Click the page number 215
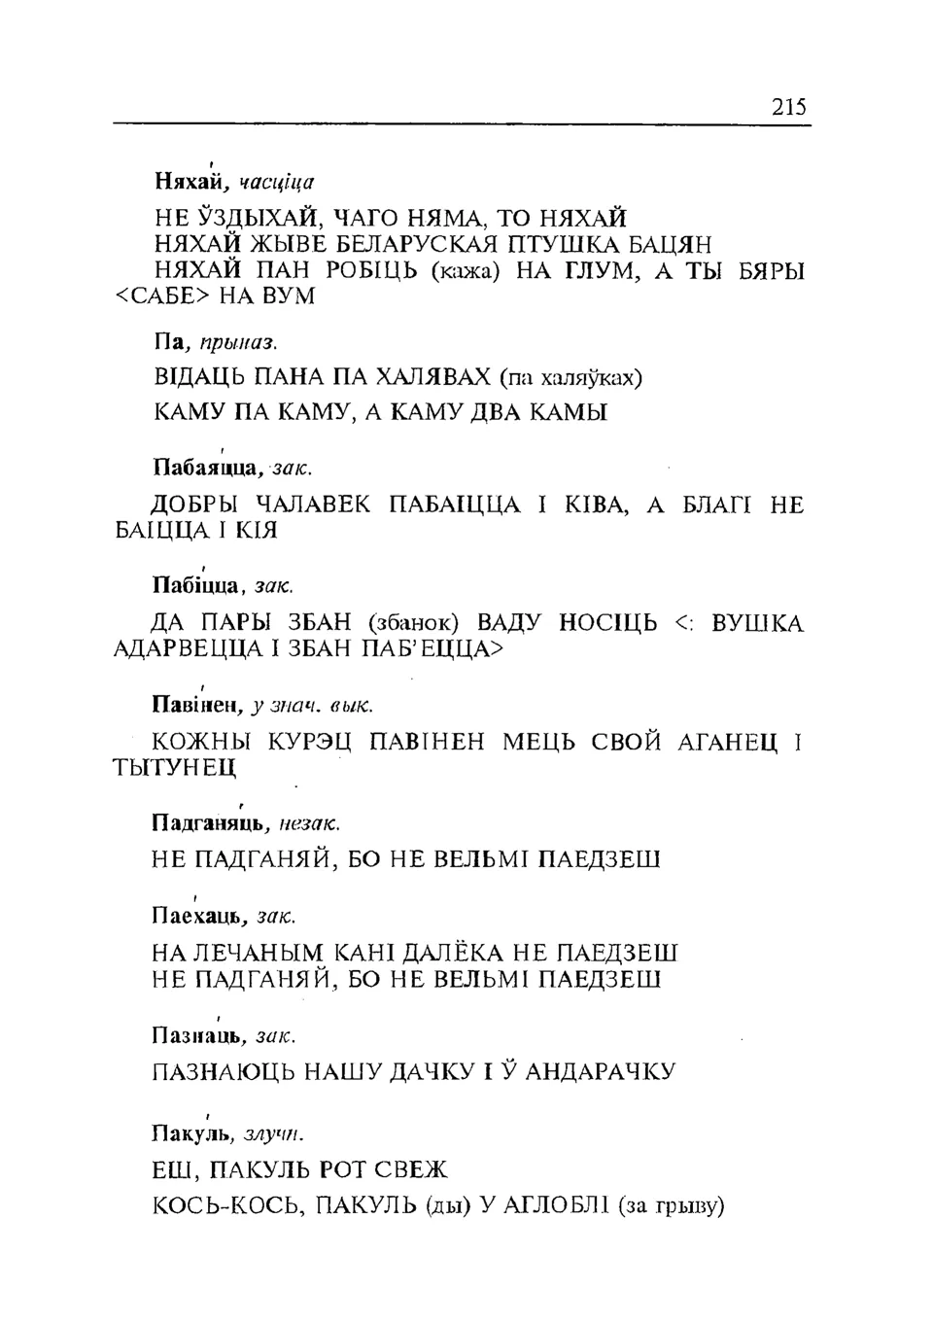coord(789,107)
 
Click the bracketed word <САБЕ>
coord(158,296)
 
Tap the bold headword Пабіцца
coord(195,586)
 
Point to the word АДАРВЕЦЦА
coord(182,648)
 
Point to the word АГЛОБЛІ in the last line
coord(557,1207)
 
